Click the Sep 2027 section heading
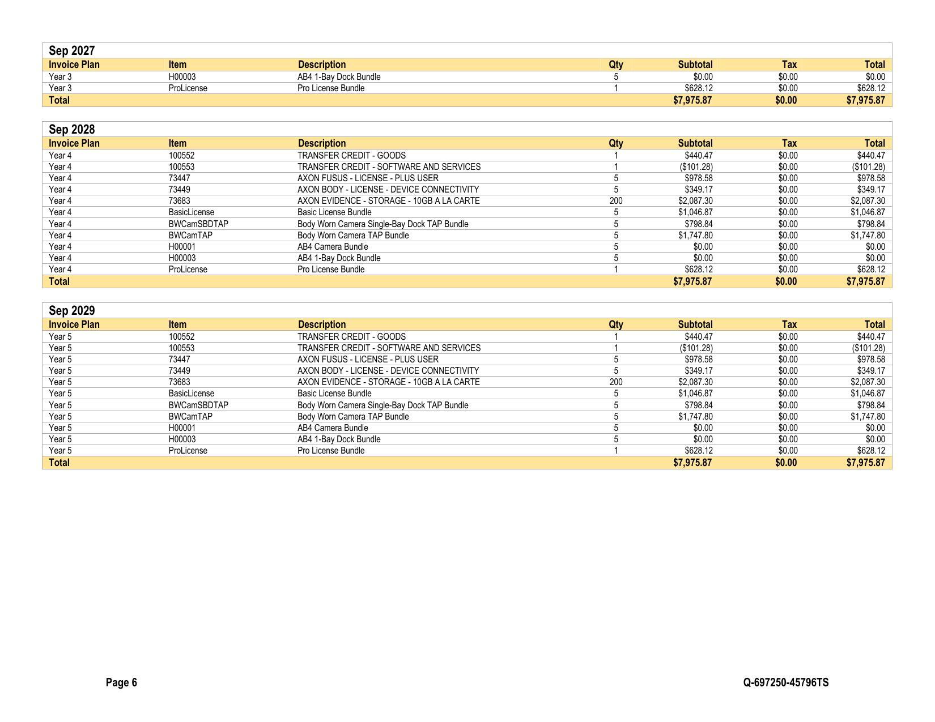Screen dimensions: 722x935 pos(72,51)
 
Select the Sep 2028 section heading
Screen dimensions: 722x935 pos(72,130)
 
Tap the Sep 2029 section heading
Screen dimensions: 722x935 pos(72,311)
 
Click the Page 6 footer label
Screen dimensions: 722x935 pos(121,682)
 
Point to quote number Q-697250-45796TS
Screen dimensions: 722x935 pos(785,682)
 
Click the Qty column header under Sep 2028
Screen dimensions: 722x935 pos(615,143)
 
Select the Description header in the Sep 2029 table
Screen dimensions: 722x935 pos(321,324)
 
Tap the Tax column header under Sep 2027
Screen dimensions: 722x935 pos(789,65)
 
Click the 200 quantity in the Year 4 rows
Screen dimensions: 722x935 pos(615,201)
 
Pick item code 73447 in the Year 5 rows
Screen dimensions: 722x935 pos(179,360)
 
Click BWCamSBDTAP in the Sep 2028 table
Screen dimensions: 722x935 pos(198,224)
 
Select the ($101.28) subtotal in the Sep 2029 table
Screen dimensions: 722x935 pos(696,348)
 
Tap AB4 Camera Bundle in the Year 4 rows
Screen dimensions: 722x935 pos(333,247)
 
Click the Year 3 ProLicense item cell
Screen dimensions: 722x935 pos(188,88)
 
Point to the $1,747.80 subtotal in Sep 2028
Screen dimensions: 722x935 pos(695,236)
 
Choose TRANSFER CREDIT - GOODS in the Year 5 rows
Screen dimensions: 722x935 pos(351,337)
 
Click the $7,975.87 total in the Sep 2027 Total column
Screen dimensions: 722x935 pos(865,100)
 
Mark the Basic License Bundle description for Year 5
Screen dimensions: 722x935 pos(334,394)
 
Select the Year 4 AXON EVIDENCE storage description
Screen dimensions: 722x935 pos(388,201)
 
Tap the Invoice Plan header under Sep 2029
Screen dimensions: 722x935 pos(74,324)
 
